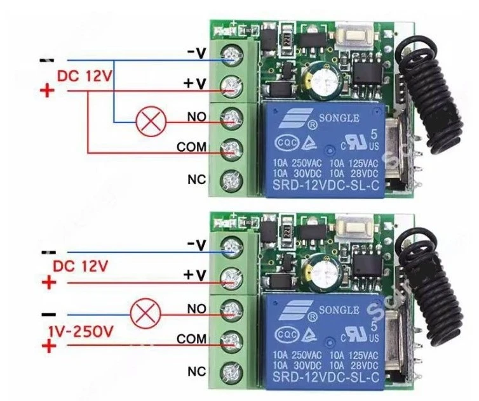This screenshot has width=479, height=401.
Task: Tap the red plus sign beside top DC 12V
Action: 46,91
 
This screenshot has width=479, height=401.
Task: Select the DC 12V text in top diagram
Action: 84,76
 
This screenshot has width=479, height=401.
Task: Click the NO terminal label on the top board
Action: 196,118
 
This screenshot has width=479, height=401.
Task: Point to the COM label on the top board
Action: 191,147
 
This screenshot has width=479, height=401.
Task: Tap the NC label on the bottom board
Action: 196,370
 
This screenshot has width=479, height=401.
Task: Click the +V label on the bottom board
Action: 196,275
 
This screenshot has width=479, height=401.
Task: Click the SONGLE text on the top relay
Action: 342,118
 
